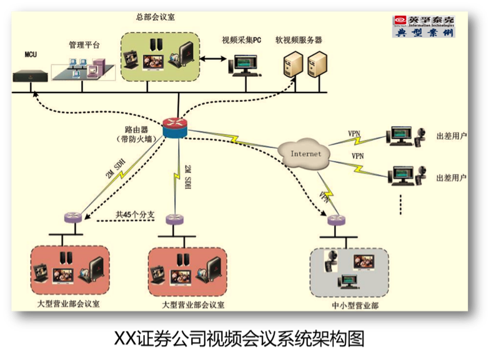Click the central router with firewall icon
point(175,127)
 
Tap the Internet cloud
point(305,154)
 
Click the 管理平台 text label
point(84,46)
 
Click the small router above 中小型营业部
point(336,220)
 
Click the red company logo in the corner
point(400,19)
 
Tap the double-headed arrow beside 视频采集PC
point(213,59)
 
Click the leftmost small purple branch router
point(74,218)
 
